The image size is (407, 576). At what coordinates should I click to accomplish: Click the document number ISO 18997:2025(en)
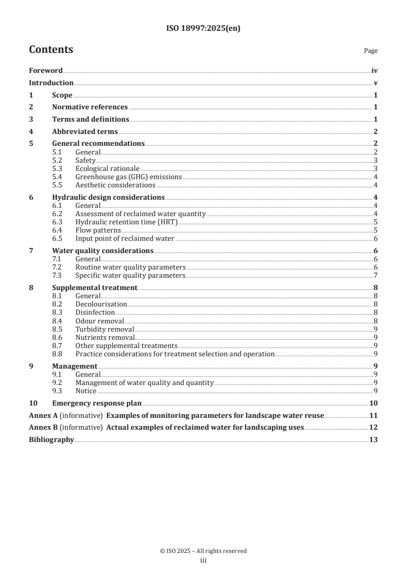(203, 29)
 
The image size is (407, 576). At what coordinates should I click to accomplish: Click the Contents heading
(51, 50)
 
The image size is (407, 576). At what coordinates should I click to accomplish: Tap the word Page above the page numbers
(371, 51)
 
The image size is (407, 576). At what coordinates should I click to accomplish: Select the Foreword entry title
(45, 71)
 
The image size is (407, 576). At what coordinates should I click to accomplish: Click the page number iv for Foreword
(374, 71)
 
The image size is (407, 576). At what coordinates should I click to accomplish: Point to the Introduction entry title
(51, 83)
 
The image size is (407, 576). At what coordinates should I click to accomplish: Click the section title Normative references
(90, 107)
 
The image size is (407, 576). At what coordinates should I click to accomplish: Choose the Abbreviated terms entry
(85, 131)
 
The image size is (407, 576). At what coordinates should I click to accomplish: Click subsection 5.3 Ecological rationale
(107, 168)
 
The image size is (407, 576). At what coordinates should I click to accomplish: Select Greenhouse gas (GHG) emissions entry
(129, 177)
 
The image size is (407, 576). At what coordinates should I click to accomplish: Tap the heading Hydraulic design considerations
(108, 197)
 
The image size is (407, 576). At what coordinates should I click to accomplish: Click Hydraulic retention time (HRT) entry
(126, 222)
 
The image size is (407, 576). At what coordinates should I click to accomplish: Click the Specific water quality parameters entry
(130, 275)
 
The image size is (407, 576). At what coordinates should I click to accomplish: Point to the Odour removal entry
(100, 321)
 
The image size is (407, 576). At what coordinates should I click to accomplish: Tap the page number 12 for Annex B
(374, 427)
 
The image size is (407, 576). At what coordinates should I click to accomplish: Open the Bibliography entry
(51, 439)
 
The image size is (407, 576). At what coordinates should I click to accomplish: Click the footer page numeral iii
(203, 561)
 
